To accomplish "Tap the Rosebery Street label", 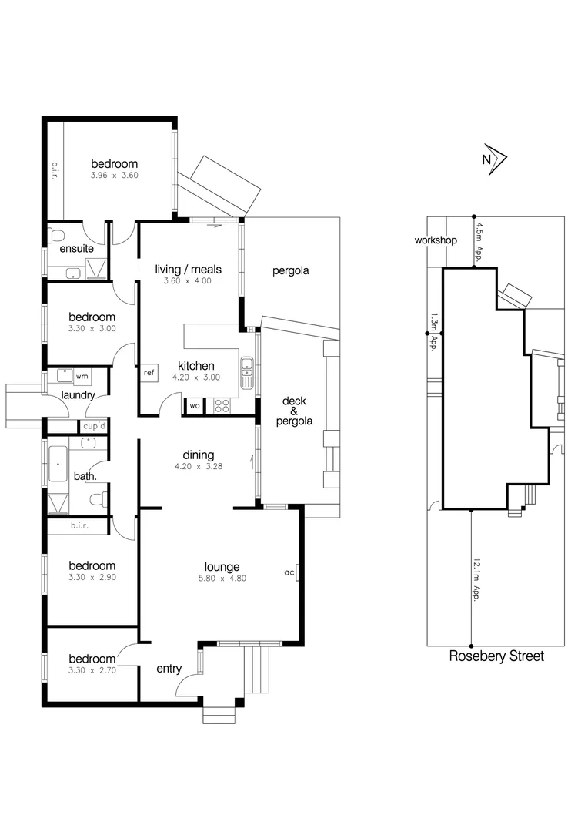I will click(496, 656).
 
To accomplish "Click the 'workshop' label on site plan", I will click(436, 240).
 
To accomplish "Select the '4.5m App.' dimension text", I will click(479, 241).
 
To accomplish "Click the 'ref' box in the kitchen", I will click(149, 373).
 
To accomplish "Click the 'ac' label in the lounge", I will click(289, 572).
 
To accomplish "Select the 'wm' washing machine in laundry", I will click(82, 376).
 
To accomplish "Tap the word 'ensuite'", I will click(76, 248).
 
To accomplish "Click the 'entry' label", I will click(169, 669).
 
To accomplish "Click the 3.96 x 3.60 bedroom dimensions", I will click(114, 176).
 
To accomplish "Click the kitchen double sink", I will click(247, 373).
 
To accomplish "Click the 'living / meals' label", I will click(188, 269).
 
